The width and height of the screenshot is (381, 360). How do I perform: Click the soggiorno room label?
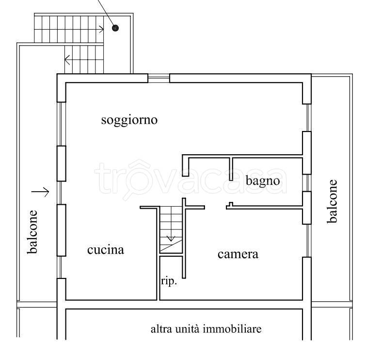coord(129,120)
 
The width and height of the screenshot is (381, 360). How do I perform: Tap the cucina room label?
coord(106,250)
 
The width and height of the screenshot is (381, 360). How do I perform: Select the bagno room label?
coord(263,181)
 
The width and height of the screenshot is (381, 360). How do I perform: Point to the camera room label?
coord(238,254)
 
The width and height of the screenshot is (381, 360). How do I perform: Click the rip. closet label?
coord(169,281)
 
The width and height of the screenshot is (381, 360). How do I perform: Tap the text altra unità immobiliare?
coord(206,329)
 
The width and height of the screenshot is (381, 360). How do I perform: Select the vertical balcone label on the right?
coord(332,201)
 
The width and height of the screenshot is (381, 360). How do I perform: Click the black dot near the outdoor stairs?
coord(115,28)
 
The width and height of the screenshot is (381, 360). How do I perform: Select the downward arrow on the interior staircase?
coord(171,238)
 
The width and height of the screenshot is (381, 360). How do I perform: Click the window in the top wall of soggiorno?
coord(159,78)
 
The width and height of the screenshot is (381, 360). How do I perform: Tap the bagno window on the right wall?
coord(307,183)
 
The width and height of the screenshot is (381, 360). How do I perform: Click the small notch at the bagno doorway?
coord(231,205)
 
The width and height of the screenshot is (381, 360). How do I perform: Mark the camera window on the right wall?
coord(307,241)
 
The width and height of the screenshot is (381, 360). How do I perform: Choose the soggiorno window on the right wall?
coord(307,117)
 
